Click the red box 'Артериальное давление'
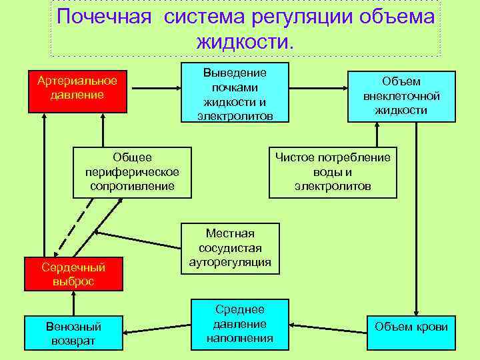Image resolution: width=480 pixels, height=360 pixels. [77, 88]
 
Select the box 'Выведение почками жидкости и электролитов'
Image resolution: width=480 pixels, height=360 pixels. [235, 93]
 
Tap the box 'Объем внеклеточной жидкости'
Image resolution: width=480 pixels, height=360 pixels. [401, 96]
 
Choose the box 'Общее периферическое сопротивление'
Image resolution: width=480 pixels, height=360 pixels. [132, 172]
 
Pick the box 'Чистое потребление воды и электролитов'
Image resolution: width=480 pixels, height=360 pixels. [333, 172]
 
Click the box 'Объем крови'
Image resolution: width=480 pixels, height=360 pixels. [411, 327]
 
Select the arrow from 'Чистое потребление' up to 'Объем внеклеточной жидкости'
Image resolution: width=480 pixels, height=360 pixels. [377, 135]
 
